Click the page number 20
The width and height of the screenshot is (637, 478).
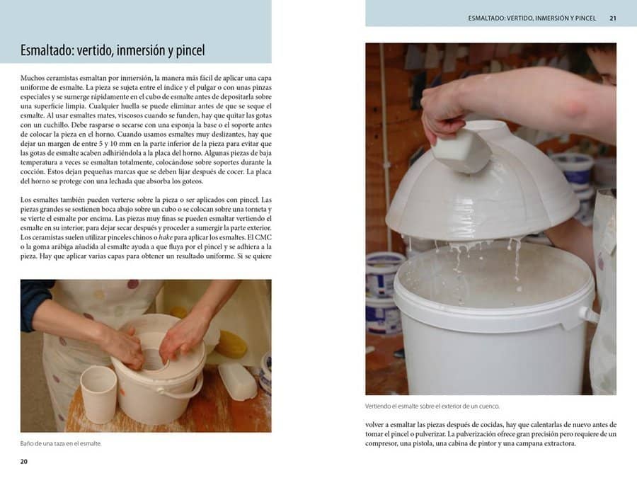pyautogui.click(x=24, y=461)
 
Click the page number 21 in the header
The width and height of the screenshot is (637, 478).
pyautogui.click(x=613, y=18)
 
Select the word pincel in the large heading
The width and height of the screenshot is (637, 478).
pyautogui.click(x=190, y=51)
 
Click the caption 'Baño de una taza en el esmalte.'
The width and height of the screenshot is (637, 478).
pyautogui.click(x=61, y=443)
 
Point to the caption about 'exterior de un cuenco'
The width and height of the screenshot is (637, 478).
pyautogui.click(x=432, y=406)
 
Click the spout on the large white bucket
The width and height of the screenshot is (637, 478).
pyautogui.click(x=589, y=314)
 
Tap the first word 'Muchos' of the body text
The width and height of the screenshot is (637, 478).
pyautogui.click(x=31, y=78)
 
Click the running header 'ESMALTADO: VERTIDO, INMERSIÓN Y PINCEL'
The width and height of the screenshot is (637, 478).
pyautogui.click(x=532, y=18)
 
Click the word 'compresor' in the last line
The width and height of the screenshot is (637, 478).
pyautogui.click(x=380, y=443)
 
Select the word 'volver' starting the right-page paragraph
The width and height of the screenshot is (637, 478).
pyautogui.click(x=374, y=425)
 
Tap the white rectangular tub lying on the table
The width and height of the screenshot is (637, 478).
pyautogui.click(x=238, y=380)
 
